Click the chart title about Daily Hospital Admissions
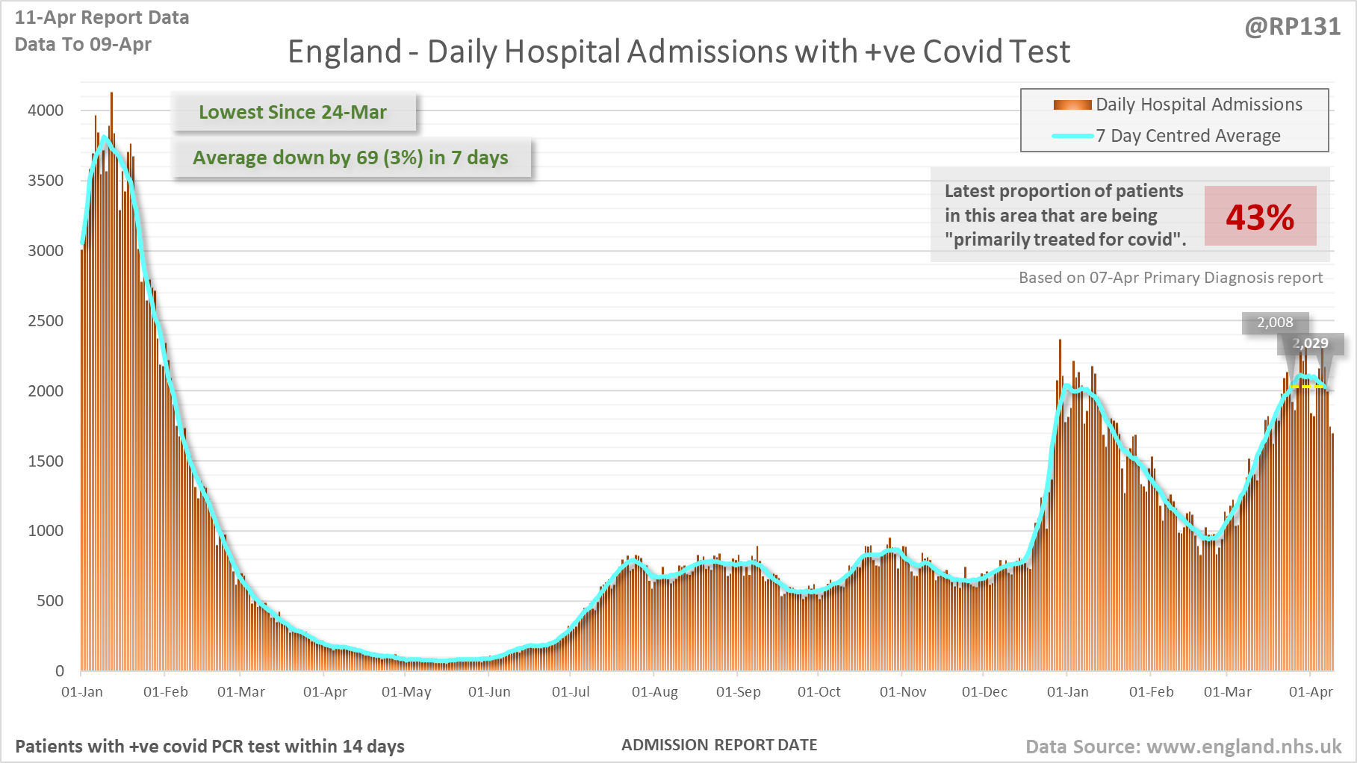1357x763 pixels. [x=678, y=52]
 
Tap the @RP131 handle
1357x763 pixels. [x=1292, y=27]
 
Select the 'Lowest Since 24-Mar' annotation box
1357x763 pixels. [x=293, y=112]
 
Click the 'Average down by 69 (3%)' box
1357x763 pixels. [x=350, y=158]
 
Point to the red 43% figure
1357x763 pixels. [x=1260, y=217]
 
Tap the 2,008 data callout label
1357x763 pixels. [x=1275, y=323]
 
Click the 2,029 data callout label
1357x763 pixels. [x=1311, y=343]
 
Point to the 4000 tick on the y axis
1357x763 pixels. [x=46, y=110]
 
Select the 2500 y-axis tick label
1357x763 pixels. [x=46, y=321]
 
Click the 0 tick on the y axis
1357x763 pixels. [x=60, y=671]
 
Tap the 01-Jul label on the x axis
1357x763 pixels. [x=571, y=692]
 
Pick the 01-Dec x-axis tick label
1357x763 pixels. [x=984, y=692]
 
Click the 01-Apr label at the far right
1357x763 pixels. [x=1311, y=692]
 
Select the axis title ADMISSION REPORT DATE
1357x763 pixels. [x=719, y=745]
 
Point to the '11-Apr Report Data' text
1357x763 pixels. [x=102, y=18]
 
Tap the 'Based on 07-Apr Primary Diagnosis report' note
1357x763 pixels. [x=1170, y=278]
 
